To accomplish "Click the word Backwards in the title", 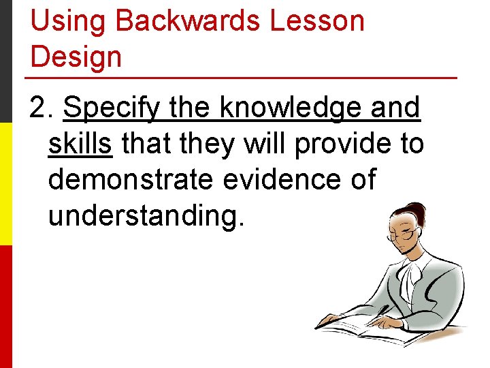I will [187, 21].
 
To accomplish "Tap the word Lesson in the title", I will [317, 21].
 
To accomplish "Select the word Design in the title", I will [76, 57].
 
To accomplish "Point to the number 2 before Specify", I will [38, 108].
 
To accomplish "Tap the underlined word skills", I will [80, 144].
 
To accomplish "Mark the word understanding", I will [145, 216].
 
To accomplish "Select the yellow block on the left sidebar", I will [6, 184].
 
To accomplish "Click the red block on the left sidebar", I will [6, 307].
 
